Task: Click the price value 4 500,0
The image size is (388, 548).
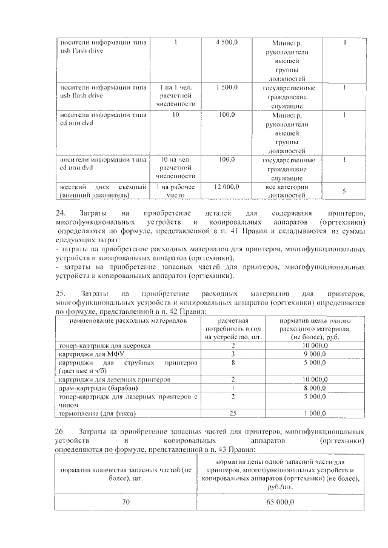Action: [227, 42]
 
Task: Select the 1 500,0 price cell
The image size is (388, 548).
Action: [227, 87]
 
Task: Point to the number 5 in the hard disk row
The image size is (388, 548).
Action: [344, 191]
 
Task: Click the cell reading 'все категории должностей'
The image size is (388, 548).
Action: [287, 191]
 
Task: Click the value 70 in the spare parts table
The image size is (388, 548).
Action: [125, 502]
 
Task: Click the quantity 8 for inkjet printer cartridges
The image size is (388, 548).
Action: [233, 362]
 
